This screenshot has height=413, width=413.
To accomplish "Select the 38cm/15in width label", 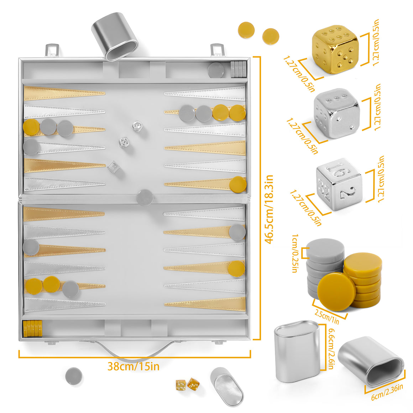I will pos(134,366).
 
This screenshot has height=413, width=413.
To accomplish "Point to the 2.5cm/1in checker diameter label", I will pos(327,316).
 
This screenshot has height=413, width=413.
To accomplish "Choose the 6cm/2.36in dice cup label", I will pos(387,391).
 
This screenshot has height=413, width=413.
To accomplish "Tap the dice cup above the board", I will pos(115,36).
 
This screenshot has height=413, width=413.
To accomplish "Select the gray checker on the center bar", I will pos(145,196).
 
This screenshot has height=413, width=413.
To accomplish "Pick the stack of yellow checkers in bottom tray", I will pos(32,328).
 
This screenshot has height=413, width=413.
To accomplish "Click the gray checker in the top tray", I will pos(216,70).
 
